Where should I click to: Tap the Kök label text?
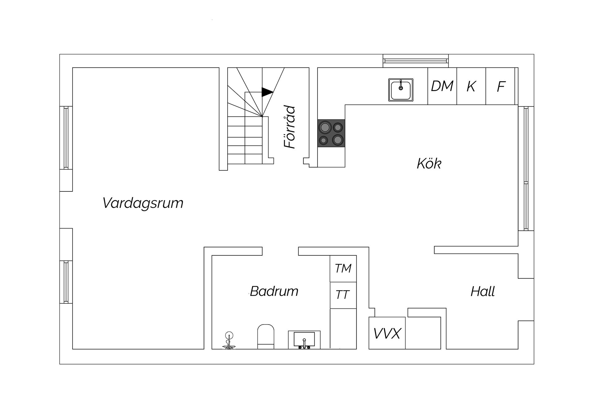click(x=429, y=164)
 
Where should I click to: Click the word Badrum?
click(x=274, y=291)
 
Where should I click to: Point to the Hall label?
click(x=482, y=291)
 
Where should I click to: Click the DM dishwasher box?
click(x=442, y=86)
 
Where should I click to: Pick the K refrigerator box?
click(x=471, y=86)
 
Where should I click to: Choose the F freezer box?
click(x=500, y=86)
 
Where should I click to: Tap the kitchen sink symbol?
click(x=401, y=90)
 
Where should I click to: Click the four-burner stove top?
click(x=331, y=133)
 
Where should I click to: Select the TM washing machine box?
click(x=343, y=269)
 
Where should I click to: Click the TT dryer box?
click(x=343, y=295)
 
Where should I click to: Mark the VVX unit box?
click(x=387, y=333)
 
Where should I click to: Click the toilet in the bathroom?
click(x=266, y=336)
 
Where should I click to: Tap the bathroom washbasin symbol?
click(x=304, y=340)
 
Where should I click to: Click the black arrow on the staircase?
click(x=267, y=92)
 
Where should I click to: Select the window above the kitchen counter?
click(x=415, y=61)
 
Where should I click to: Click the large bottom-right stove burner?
click(x=338, y=140)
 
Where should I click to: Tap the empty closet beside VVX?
click(x=423, y=333)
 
